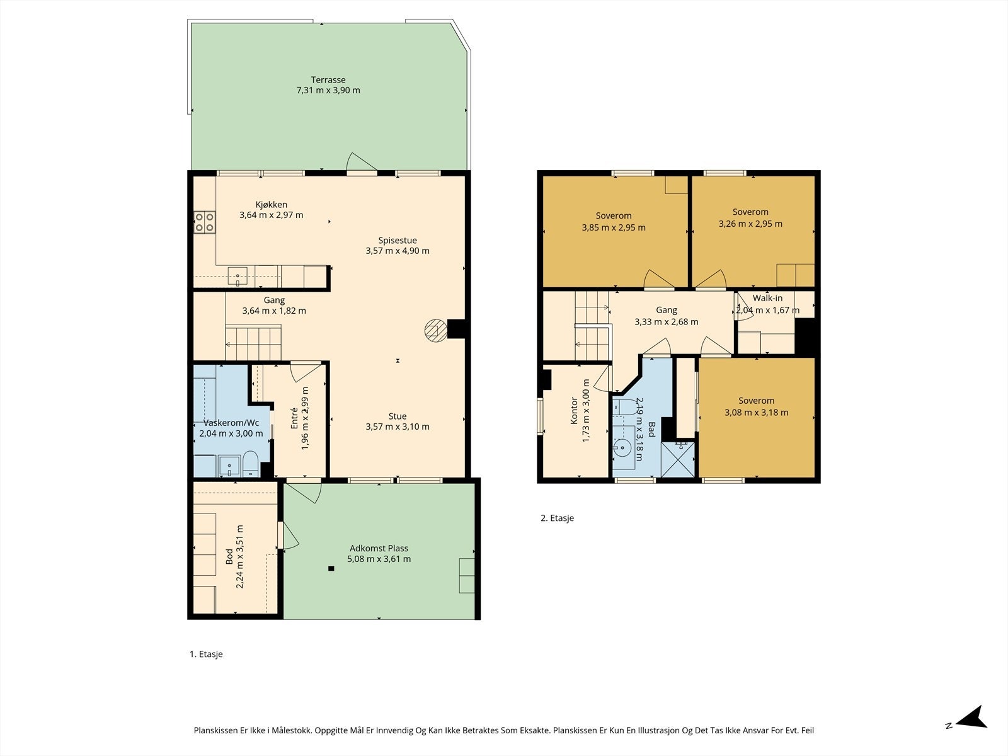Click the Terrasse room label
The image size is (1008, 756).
click(x=328, y=80)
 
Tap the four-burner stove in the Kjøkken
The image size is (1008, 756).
click(x=204, y=222)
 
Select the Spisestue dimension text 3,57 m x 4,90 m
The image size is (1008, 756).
click(x=398, y=251)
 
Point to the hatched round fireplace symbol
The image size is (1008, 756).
click(x=435, y=331)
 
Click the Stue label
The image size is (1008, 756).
click(x=398, y=416)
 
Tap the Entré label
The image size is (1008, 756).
click(x=294, y=418)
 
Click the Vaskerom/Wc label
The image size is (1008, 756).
click(x=231, y=423)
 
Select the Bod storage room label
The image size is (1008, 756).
click(x=229, y=557)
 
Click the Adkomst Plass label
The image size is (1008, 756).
click(x=379, y=548)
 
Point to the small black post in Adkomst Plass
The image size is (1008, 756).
click(x=331, y=568)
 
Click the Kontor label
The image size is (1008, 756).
click(x=573, y=410)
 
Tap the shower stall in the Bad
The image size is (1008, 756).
click(x=677, y=459)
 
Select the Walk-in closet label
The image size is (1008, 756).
click(x=767, y=299)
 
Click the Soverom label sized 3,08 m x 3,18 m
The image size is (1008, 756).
click(x=757, y=401)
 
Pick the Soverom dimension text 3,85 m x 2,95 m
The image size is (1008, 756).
click(x=614, y=227)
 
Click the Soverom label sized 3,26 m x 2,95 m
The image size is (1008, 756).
click(x=750, y=212)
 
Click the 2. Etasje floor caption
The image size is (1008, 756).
click(x=557, y=518)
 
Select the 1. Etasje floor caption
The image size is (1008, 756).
click(x=206, y=654)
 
